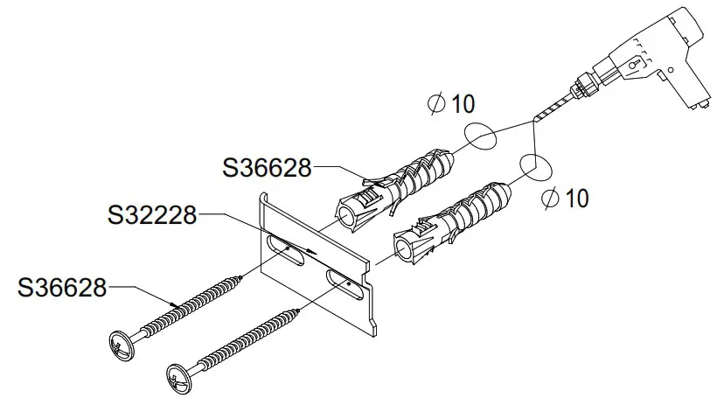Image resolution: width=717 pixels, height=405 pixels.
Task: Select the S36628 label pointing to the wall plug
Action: [x=268, y=167]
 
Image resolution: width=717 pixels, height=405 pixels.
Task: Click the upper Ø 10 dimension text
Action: [x=452, y=104]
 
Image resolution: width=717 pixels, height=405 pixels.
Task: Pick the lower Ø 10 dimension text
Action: [x=565, y=199]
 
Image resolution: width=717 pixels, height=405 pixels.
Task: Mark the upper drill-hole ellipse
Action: [x=480, y=136]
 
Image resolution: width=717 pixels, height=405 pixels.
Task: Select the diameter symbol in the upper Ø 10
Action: [x=435, y=104]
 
